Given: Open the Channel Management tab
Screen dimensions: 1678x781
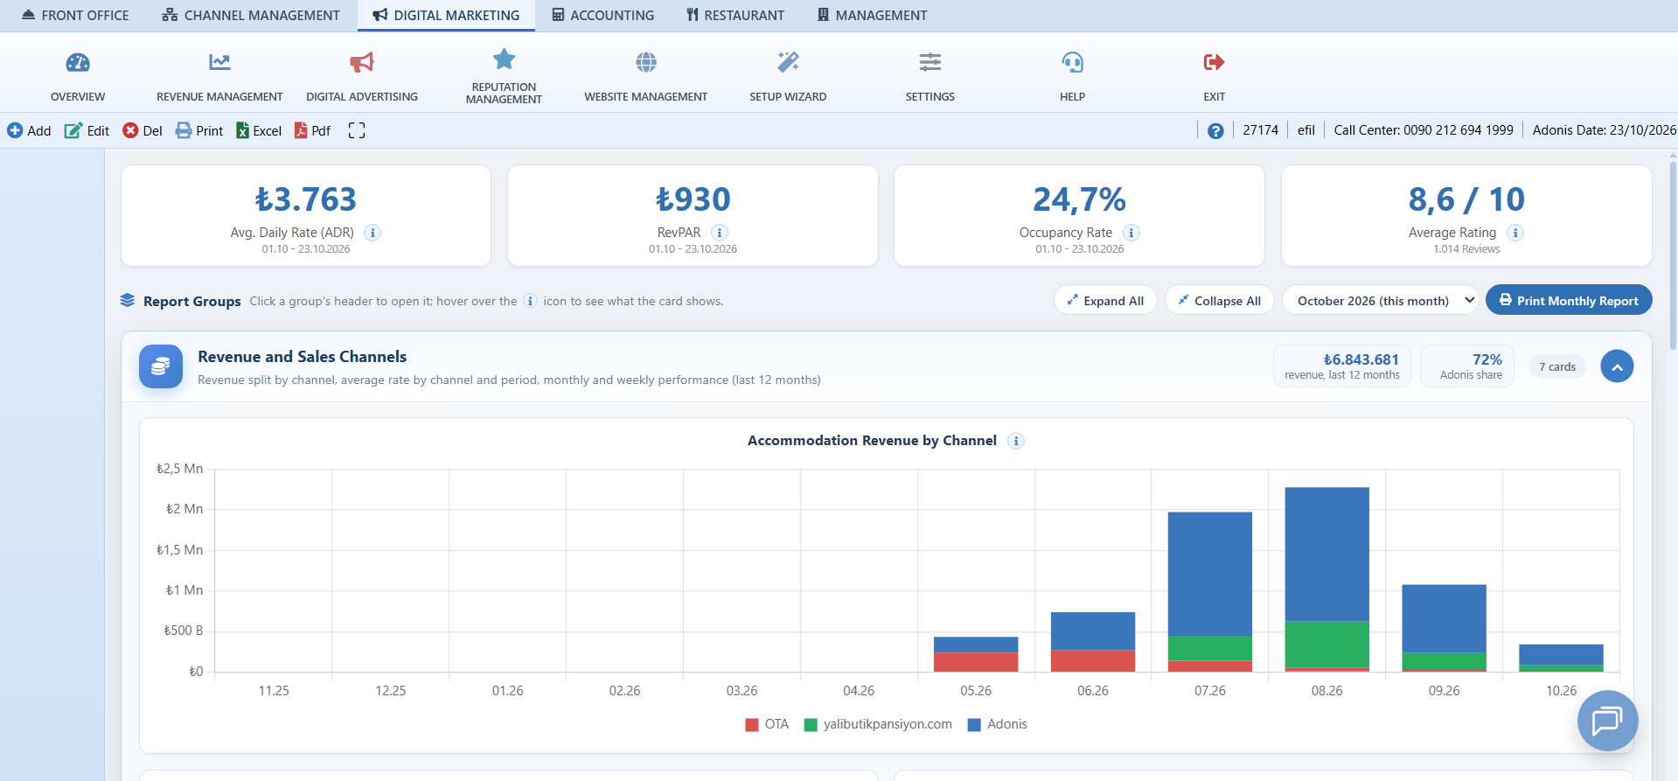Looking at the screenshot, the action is click(x=251, y=15).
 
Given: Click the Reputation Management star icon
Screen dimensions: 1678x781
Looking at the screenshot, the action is click(x=505, y=59).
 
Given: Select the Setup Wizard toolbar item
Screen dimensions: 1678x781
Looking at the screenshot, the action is click(x=788, y=76).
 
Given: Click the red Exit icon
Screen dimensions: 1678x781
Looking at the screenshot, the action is click(x=1214, y=62).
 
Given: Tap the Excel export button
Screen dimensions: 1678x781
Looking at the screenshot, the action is click(x=259, y=130).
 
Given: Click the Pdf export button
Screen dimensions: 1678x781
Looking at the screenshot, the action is click(x=312, y=130).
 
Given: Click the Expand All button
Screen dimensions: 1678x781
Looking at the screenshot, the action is click(x=1105, y=300).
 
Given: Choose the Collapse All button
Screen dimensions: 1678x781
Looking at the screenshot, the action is click(x=1219, y=300).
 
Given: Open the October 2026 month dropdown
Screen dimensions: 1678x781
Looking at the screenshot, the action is click(x=1380, y=300).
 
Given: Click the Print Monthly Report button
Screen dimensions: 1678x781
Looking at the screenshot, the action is click(x=1569, y=300).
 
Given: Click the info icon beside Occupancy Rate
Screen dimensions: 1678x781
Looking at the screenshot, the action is click(x=1131, y=233).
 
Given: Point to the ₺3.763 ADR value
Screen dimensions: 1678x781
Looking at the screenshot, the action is click(x=306, y=199).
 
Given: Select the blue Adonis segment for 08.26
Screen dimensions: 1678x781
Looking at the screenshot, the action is click(x=1326, y=554).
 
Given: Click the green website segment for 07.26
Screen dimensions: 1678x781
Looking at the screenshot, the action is click(x=1209, y=648).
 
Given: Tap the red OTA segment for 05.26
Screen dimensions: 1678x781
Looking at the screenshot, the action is click(x=976, y=662).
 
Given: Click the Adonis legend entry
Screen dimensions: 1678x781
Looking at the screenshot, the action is click(x=998, y=724).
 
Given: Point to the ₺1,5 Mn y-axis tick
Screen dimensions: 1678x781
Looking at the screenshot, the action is click(x=179, y=550).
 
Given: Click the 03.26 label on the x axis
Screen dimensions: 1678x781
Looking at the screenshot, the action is click(x=742, y=691).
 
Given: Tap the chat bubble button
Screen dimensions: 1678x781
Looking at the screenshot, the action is click(x=1607, y=721).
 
